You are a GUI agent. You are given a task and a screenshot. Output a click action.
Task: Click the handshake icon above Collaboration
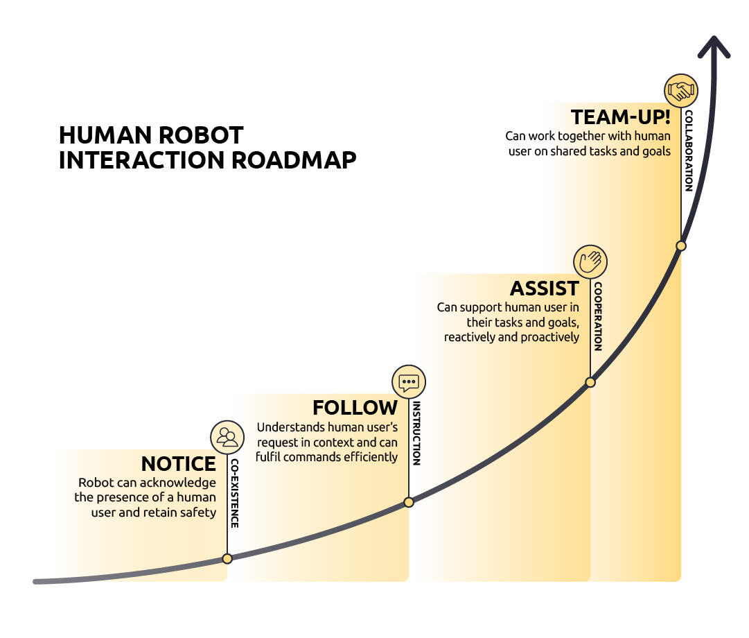(x=680, y=90)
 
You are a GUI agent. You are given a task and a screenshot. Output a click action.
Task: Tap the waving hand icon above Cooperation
(x=590, y=262)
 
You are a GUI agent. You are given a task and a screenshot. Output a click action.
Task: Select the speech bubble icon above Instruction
(x=409, y=381)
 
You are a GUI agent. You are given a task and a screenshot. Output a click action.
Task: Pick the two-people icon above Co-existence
(x=227, y=437)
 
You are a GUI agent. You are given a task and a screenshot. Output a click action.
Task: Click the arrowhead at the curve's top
(x=714, y=49)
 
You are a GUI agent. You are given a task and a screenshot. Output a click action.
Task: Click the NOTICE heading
(x=179, y=464)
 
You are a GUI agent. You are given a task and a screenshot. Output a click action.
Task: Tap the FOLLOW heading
(x=355, y=408)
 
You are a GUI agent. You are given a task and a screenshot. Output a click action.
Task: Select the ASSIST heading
(x=545, y=288)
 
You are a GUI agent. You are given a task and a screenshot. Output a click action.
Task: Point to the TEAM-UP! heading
(x=620, y=117)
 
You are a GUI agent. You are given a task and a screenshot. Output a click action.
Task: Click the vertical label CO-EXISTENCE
(x=235, y=493)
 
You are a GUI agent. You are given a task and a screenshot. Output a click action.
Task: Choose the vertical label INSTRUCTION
(x=416, y=433)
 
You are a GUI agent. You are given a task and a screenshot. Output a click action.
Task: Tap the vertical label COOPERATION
(x=598, y=316)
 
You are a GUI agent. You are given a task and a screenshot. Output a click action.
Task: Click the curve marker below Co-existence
(x=227, y=558)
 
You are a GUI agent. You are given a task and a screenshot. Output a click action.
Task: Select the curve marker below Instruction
(x=409, y=502)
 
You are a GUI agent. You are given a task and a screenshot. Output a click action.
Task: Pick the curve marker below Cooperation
(x=590, y=382)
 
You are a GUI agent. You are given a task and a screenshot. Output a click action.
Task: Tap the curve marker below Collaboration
(x=681, y=245)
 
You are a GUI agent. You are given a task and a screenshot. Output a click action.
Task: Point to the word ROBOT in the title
(x=204, y=134)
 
